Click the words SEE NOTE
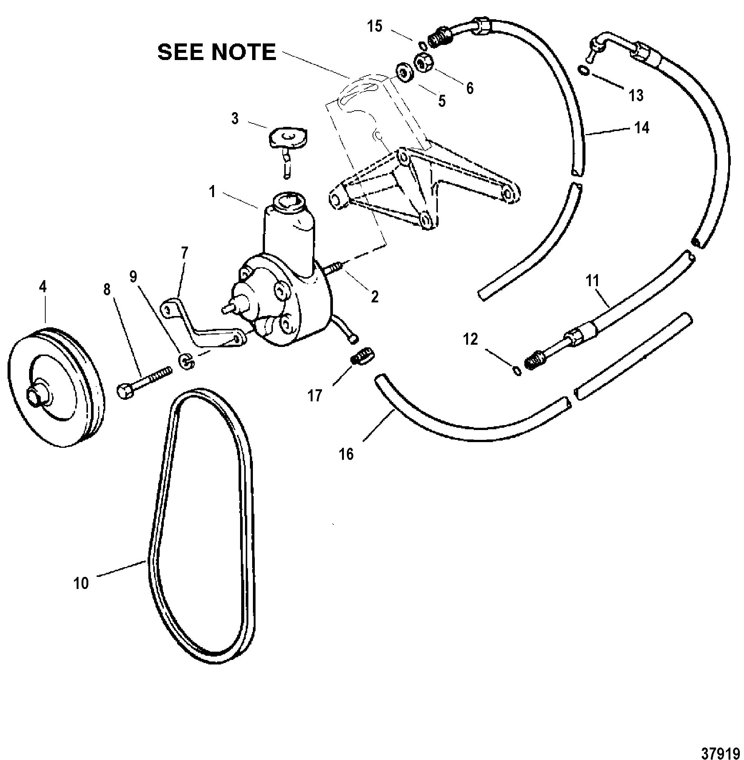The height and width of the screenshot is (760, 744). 217,52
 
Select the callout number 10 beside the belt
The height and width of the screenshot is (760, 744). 81,583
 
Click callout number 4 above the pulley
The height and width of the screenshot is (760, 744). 43,287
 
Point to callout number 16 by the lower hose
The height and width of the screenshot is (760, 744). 347,455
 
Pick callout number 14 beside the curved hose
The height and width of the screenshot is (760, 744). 642,127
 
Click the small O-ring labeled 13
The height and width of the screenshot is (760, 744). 583,70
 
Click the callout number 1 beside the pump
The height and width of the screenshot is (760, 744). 212,192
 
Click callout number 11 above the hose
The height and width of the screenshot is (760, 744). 592,281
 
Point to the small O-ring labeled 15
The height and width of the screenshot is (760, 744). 422,44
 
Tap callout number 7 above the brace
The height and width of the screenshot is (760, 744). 185,253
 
